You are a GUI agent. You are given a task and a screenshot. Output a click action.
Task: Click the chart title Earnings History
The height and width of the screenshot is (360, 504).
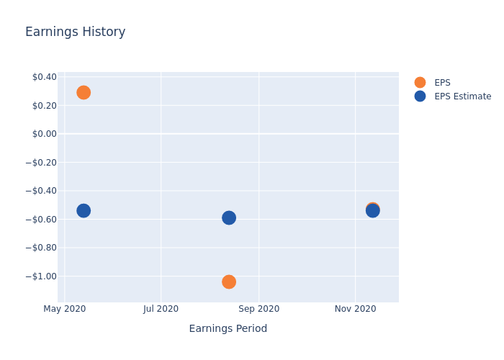pyautogui.click(x=75, y=32)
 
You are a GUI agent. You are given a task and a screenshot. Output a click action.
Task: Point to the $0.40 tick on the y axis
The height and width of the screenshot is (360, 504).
pyautogui.click(x=44, y=77)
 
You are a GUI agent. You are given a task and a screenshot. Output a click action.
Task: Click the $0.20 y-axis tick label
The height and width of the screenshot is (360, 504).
pyautogui.click(x=44, y=105)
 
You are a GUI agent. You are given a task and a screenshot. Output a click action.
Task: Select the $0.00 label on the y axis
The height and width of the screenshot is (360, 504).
pyautogui.click(x=44, y=134)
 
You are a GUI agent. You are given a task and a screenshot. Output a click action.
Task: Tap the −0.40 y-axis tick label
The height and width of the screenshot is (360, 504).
pyautogui.click(x=40, y=191)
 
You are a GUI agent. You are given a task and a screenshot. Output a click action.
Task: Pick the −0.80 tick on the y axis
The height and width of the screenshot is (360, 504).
pyautogui.click(x=40, y=248)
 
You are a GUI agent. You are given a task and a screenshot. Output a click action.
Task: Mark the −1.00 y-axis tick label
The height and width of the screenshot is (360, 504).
pyautogui.click(x=40, y=276)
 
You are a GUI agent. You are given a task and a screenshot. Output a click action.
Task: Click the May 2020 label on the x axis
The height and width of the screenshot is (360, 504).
pyautogui.click(x=65, y=309)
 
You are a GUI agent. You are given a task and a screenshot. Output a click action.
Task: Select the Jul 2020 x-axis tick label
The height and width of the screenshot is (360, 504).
pyautogui.click(x=161, y=309)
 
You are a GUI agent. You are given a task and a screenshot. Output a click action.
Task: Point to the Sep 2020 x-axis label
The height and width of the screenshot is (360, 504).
pyautogui.click(x=258, y=309)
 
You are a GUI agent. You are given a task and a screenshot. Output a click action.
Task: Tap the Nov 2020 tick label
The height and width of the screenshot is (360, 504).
pyautogui.click(x=355, y=309)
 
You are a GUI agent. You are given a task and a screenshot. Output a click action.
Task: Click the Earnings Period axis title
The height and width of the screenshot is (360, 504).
pyautogui.click(x=228, y=329)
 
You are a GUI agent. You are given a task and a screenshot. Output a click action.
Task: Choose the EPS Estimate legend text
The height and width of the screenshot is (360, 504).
pyautogui.click(x=462, y=96)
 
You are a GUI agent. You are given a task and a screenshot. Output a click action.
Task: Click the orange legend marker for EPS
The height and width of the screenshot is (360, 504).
pyautogui.click(x=420, y=83)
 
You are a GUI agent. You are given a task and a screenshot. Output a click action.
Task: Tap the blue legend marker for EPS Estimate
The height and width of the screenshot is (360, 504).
pyautogui.click(x=420, y=96)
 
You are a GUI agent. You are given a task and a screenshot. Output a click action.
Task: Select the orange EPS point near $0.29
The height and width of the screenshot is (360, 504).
pyautogui.click(x=84, y=92)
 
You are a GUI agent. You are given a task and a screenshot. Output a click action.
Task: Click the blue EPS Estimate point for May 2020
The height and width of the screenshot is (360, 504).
pyautogui.click(x=84, y=210)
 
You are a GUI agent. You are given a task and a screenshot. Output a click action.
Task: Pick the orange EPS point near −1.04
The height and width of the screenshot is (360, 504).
pyautogui.click(x=228, y=282)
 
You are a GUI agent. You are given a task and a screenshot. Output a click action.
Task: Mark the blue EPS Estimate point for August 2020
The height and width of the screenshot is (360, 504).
pyautogui.click(x=228, y=217)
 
